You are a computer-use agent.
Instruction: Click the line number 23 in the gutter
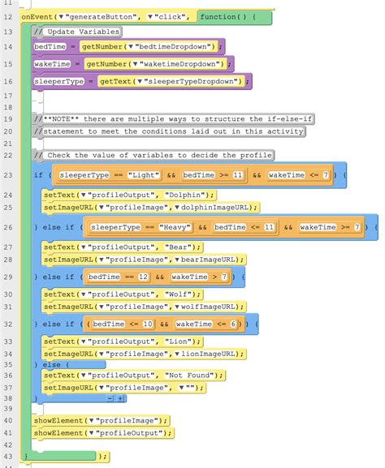[7, 174]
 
